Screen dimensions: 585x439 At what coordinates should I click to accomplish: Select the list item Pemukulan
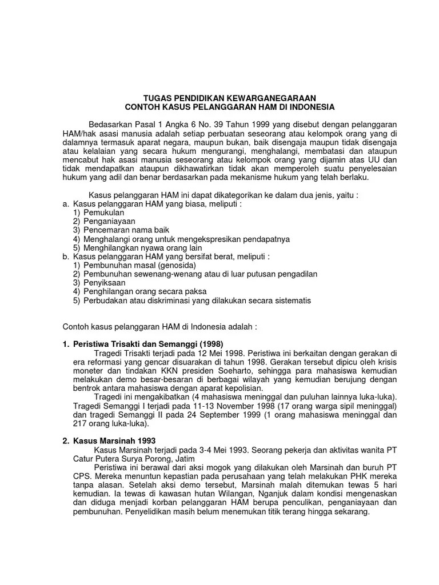click(103, 212)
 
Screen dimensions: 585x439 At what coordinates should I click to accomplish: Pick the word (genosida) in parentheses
click(177, 266)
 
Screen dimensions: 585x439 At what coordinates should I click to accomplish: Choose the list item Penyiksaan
click(105, 283)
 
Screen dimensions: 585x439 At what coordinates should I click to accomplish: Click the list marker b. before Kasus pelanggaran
click(66, 257)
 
